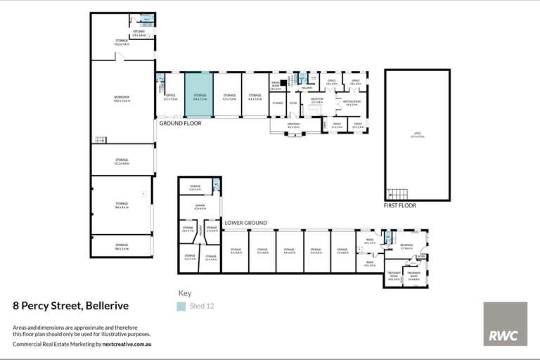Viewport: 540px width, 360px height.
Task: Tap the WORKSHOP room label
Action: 122,98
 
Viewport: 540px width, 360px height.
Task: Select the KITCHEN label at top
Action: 139,32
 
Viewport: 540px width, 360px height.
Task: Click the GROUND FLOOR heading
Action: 180,123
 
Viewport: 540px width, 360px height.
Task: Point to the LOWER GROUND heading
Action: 245,223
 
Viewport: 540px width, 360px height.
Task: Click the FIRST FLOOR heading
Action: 399,206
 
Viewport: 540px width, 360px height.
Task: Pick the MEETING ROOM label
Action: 352,102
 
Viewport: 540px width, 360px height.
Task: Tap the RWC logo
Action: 505,323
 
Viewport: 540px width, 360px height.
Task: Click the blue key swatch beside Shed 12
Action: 181,306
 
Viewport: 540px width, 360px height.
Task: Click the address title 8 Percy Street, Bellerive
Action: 71,306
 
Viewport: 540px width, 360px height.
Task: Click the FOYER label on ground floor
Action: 292,103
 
